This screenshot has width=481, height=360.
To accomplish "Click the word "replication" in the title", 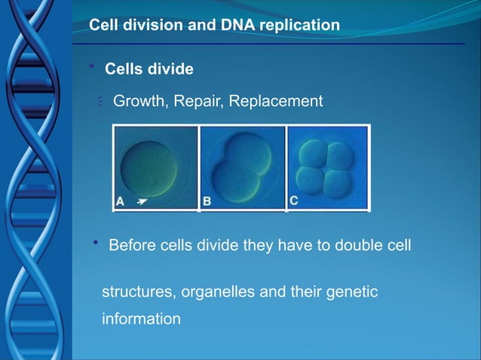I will tap(300, 26).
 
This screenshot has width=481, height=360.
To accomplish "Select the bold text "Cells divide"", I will tap(149, 69).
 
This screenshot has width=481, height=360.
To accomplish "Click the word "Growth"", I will tap(139, 101).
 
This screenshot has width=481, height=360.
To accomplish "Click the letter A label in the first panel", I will tap(121, 201).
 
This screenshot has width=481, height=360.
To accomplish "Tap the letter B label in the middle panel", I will tap(207, 201).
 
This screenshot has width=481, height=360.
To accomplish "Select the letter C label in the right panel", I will tap(294, 200).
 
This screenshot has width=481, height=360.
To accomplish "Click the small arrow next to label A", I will tap(141, 201).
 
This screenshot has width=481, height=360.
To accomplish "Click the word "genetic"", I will tap(353, 291).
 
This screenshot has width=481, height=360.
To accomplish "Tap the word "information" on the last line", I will tap(141, 319).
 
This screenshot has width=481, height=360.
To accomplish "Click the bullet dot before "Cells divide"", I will tap(91, 69).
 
